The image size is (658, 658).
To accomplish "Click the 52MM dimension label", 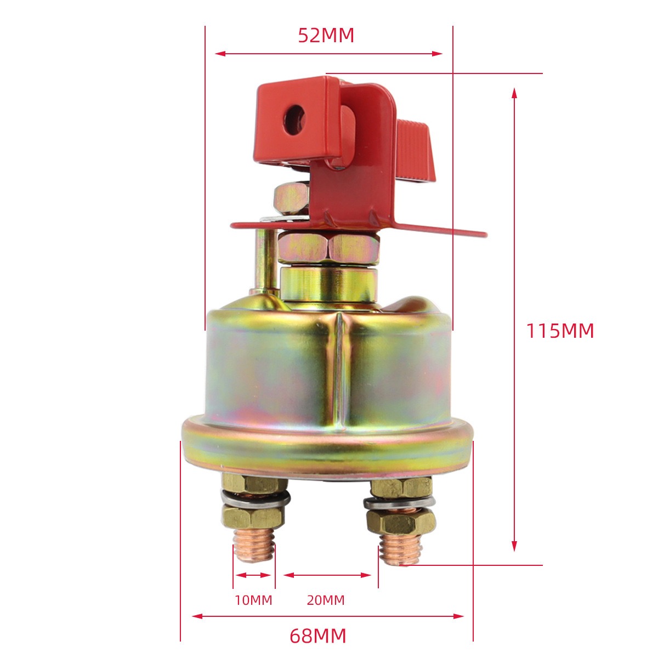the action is [326, 35].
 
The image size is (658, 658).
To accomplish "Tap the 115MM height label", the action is [560, 331].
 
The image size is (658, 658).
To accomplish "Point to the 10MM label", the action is [253, 600].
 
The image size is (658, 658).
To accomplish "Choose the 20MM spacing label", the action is [326, 600].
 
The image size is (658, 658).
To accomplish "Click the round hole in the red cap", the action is [294, 120].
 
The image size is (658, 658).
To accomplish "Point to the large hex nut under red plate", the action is [328, 247].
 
